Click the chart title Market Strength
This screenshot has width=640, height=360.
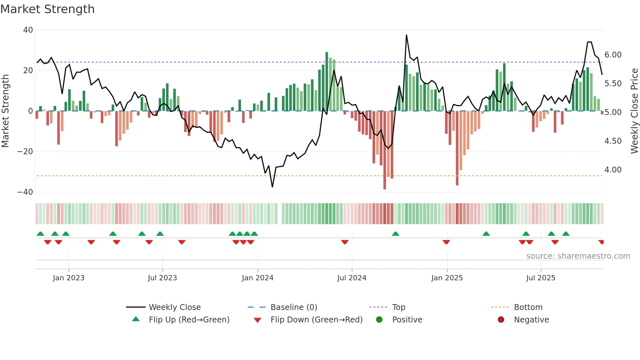click(x=47, y=9)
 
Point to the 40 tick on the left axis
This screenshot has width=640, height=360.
click(x=28, y=30)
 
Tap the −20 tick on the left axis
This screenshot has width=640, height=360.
click(x=25, y=152)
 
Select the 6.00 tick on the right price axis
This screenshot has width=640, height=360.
click(x=613, y=55)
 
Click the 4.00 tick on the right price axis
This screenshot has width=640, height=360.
click(x=613, y=170)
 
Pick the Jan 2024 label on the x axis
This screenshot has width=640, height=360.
click(x=257, y=278)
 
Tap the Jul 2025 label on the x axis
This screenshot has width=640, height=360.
click(x=540, y=278)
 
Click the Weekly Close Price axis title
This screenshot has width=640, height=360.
click(x=634, y=111)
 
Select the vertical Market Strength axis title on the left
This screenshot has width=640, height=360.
click(x=6, y=111)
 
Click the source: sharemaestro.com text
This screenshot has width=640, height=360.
click(x=578, y=256)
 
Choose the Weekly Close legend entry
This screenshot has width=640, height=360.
click(x=175, y=307)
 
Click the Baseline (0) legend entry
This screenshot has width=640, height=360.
click(x=294, y=307)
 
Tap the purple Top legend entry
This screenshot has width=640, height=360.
click(x=398, y=307)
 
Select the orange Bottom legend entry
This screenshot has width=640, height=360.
click(x=528, y=307)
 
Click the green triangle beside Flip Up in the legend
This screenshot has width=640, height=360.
click(x=136, y=319)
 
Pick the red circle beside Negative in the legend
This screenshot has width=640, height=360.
click(x=501, y=319)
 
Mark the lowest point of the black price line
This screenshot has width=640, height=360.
click(x=272, y=187)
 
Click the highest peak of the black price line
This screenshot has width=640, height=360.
click(x=406, y=35)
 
